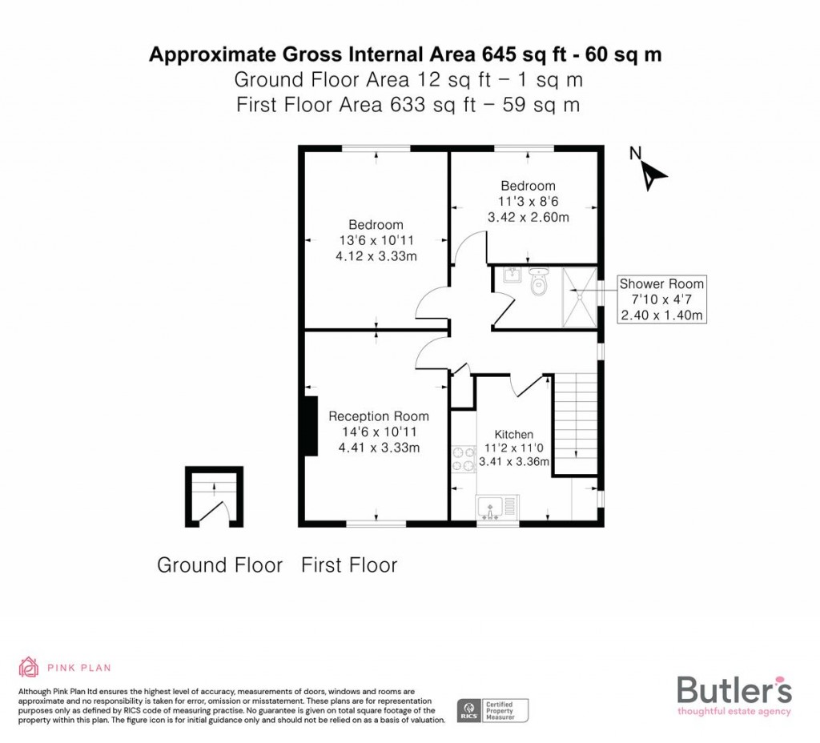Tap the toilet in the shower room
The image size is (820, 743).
click(539, 282)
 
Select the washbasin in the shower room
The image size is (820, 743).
click(512, 276)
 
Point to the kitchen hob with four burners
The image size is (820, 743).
click(463, 459)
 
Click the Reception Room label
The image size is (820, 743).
click(379, 416)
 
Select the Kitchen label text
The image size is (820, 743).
click(513, 434)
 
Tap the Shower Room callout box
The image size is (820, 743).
click(661, 299)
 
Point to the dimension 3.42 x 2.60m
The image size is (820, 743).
click(528, 217)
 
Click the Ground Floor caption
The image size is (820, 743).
click(219, 565)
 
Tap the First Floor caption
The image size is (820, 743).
click(349, 565)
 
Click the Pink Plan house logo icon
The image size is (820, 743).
click(29, 667)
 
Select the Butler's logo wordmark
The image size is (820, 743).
click(734, 689)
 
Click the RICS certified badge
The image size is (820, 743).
click(492, 709)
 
